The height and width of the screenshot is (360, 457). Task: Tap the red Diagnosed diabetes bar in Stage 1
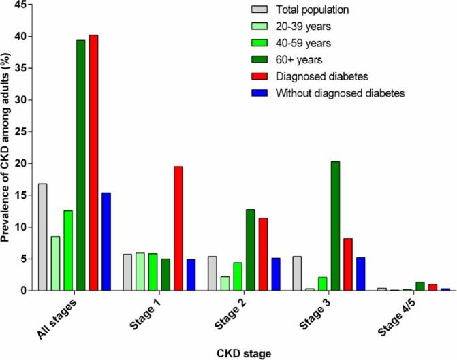[x=178, y=228]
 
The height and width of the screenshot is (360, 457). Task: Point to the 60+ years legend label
[x=298, y=59]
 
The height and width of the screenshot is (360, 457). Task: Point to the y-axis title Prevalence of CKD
[x=7, y=147]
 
